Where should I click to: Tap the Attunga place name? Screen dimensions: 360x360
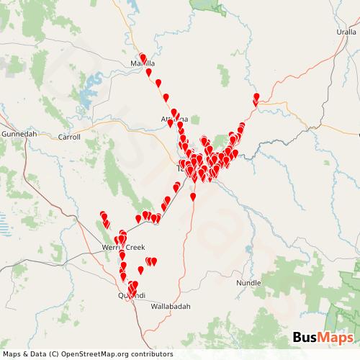tap(175, 119)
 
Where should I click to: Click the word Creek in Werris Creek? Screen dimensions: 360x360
tap(134, 247)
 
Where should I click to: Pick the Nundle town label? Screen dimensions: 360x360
tap(248, 283)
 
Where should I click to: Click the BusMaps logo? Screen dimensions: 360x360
tap(323, 338)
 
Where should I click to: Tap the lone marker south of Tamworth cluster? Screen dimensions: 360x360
tap(193, 196)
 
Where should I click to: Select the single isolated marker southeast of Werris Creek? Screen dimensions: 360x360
tap(140, 270)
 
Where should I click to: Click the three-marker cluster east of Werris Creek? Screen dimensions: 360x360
tap(151, 261)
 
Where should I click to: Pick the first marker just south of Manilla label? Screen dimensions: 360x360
tap(149, 72)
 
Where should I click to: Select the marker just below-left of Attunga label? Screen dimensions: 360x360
tap(171, 123)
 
